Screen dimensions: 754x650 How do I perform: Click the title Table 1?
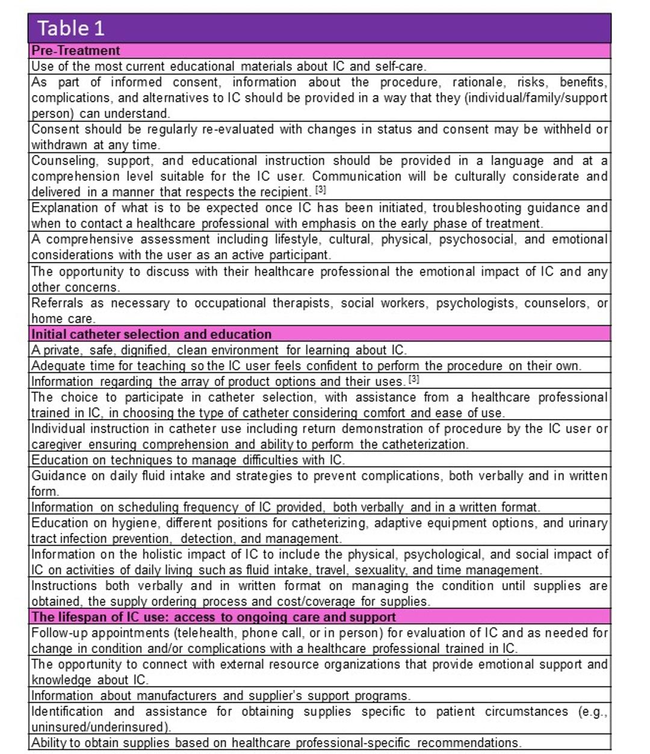coord(71,28)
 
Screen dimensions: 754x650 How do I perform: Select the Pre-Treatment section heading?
coord(76,51)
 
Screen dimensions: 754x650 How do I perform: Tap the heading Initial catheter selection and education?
coord(152,334)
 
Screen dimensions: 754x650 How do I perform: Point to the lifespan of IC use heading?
coord(214,617)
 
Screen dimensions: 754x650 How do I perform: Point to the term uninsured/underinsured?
coord(99,727)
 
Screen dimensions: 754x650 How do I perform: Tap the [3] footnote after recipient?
coord(321,190)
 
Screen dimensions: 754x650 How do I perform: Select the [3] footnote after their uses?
coord(414,379)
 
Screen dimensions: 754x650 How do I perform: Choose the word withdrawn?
coord(60,145)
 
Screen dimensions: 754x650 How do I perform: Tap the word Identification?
coord(67,711)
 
